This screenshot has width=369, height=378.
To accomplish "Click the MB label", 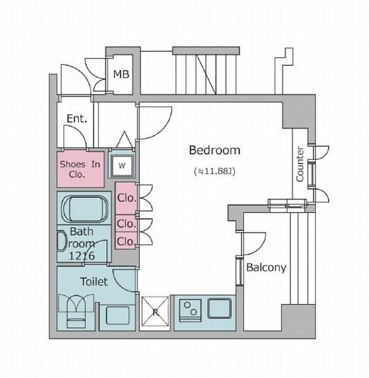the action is [121, 74].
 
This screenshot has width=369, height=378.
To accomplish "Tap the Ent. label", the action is [77, 119].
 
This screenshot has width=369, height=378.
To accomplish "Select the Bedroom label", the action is [214, 150].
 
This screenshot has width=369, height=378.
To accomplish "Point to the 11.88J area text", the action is [214, 171].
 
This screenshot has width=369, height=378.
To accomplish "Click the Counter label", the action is [300, 164].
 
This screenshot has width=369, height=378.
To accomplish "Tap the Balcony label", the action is [266, 268].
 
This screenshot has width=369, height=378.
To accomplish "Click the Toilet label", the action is [94, 282].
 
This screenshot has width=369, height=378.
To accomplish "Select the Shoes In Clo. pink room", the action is [80, 170].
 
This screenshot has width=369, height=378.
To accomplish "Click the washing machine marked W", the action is [122, 165].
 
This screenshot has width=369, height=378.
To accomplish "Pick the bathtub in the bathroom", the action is [84, 208].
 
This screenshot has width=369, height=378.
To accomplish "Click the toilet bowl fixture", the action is [76, 311].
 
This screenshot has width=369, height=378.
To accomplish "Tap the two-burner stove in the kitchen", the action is [191, 311].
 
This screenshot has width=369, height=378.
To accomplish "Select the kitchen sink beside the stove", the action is [219, 308].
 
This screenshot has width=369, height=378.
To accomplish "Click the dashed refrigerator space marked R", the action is [155, 311].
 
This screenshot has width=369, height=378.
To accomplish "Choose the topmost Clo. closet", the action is [126, 198].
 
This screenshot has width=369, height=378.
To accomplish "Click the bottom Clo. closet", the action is [125, 240].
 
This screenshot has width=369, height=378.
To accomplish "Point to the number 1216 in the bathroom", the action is [81, 256].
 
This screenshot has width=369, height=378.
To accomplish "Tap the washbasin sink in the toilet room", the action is [117, 315].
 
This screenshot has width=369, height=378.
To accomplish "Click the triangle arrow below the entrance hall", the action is [125, 139].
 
